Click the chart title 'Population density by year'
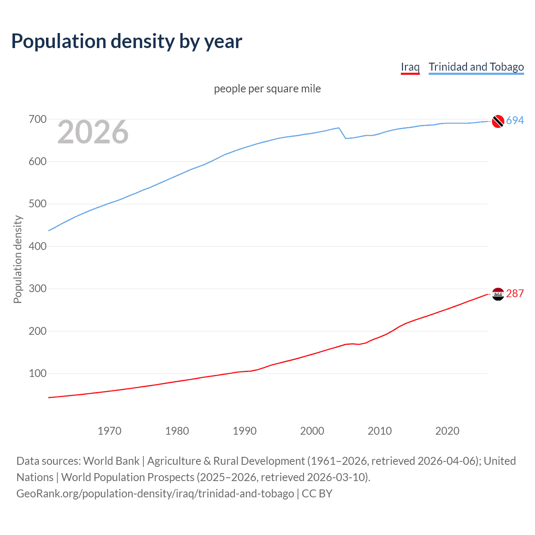pos(127,41)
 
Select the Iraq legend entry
pos(410,67)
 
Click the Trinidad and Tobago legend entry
pos(476,67)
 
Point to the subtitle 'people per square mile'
pos(267,89)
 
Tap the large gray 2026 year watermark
pos(93,132)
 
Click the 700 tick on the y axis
pos(37,120)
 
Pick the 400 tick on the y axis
pos(37,246)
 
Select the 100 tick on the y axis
pos(37,373)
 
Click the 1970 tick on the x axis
pos(110,431)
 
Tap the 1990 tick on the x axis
pos(245,431)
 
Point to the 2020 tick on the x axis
pos(447,431)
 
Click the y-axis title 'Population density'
pos(18,259)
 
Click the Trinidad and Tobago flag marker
pos(498,121)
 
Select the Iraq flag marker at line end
pos(498,294)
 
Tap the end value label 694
pos(515,120)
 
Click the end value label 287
pos(515,293)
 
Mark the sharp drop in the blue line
pos(342,133)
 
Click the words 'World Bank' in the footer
pos(111,461)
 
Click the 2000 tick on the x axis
pos(312,431)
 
